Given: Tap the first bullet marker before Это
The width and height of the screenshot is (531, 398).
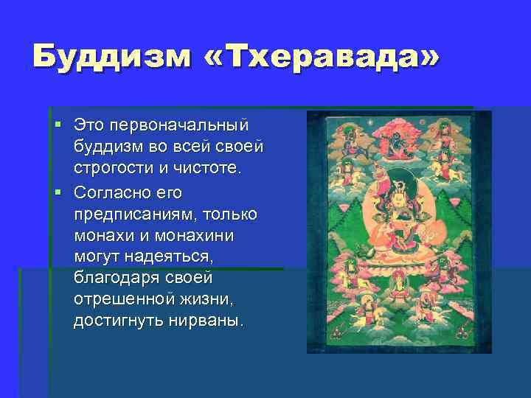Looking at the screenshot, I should pyautogui.click(x=58, y=121).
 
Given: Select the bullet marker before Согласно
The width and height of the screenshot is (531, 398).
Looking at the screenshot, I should pyautogui.click(x=58, y=192).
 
